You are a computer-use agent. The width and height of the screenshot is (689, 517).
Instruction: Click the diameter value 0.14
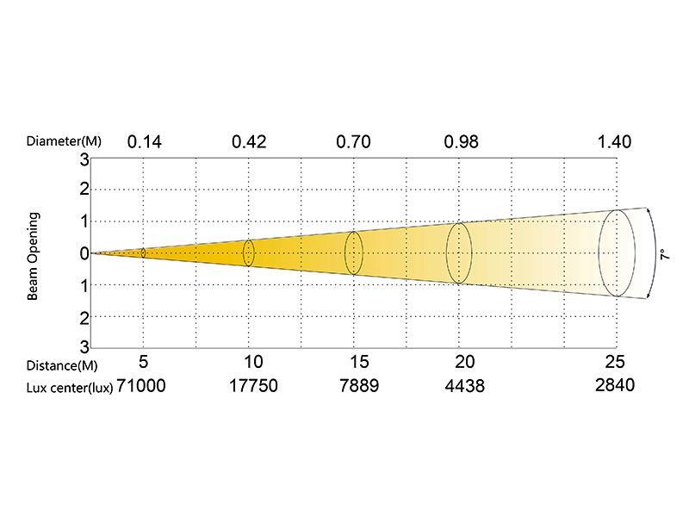coord(145,142)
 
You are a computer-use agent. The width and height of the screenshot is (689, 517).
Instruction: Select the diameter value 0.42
coord(249,142)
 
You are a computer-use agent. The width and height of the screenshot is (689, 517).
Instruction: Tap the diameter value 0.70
coord(354,142)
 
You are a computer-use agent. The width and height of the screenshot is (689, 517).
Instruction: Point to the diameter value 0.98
coord(462,142)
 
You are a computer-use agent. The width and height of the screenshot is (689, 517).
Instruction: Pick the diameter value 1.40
coord(615,142)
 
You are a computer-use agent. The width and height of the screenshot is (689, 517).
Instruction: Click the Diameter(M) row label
coord(64,141)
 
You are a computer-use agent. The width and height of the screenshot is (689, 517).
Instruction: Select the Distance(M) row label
coord(62,365)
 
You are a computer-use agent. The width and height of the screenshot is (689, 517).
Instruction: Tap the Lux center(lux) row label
coord(70,388)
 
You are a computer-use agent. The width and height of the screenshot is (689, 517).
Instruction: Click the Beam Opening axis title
coord(33,256)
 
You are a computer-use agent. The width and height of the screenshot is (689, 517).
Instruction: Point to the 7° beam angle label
coord(666,254)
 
